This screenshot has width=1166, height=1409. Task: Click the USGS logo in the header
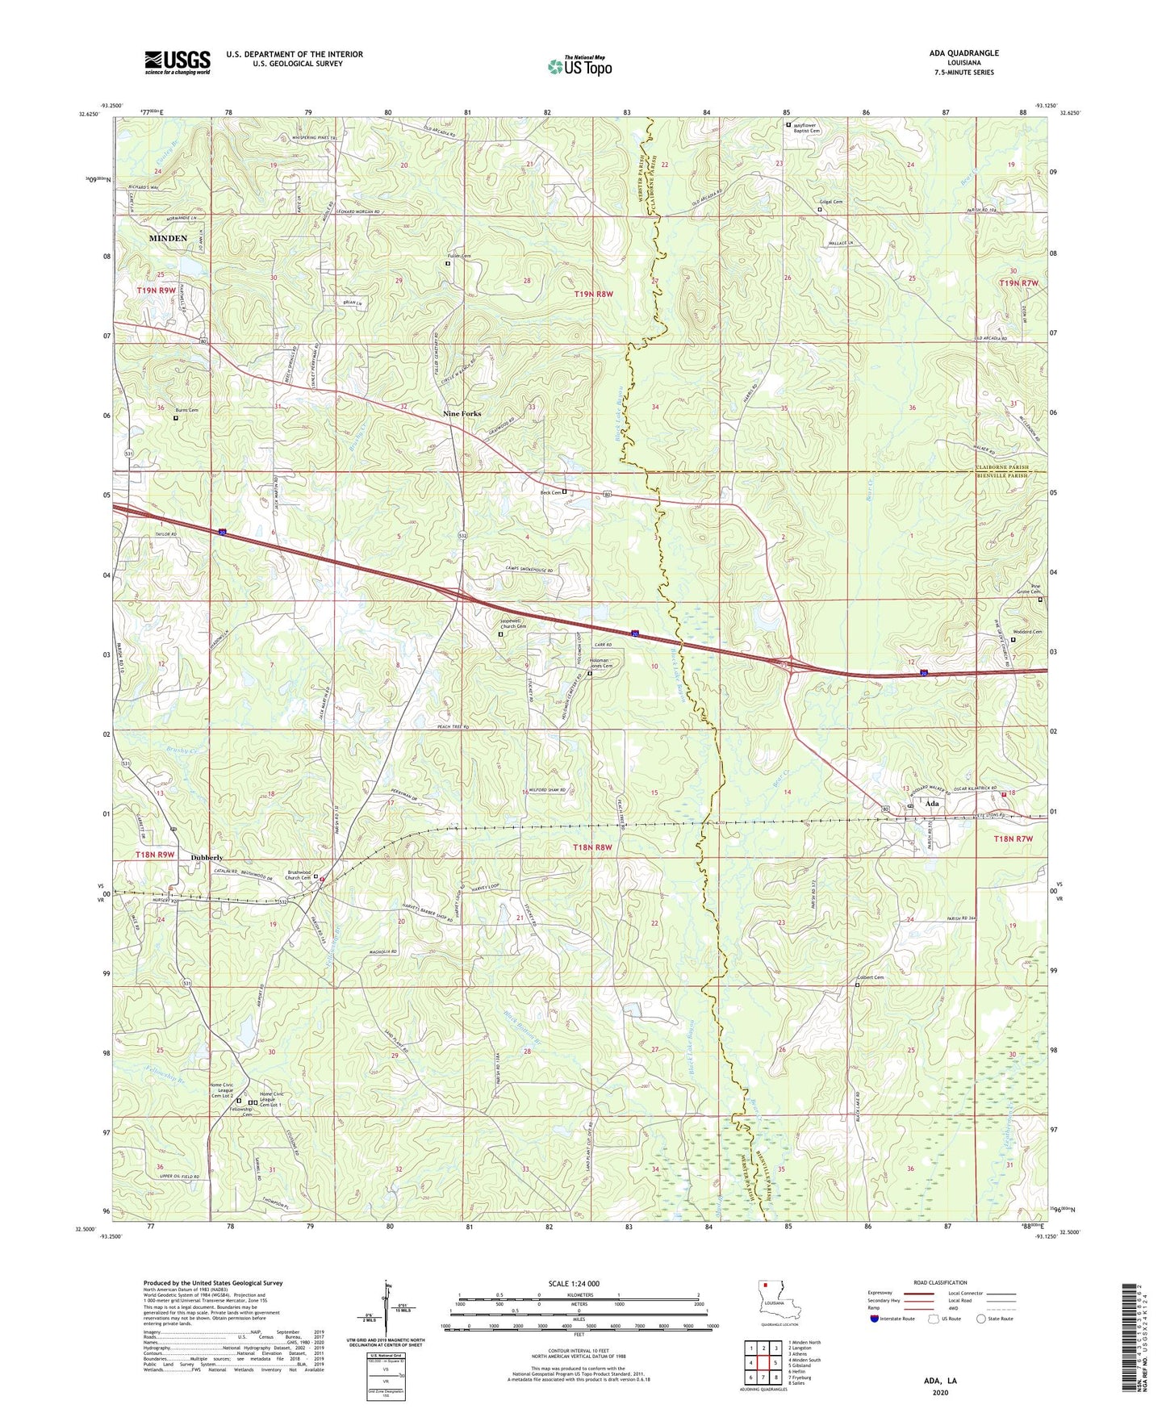[x=178, y=62]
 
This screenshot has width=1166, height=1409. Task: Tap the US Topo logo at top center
[x=579, y=65]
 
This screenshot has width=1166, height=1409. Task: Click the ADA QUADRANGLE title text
[x=963, y=53]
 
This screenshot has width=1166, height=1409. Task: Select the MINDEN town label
[x=168, y=239]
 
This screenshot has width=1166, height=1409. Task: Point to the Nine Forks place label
[x=462, y=414]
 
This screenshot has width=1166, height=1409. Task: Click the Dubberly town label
[x=207, y=857]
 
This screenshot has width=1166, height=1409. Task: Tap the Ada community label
[x=932, y=804]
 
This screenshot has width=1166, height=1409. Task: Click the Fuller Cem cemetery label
[x=460, y=256]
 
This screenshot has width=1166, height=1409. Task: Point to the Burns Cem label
[x=186, y=410]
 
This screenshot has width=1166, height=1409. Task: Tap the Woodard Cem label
[x=1026, y=632]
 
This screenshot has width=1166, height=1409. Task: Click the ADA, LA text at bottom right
[x=940, y=1381]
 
